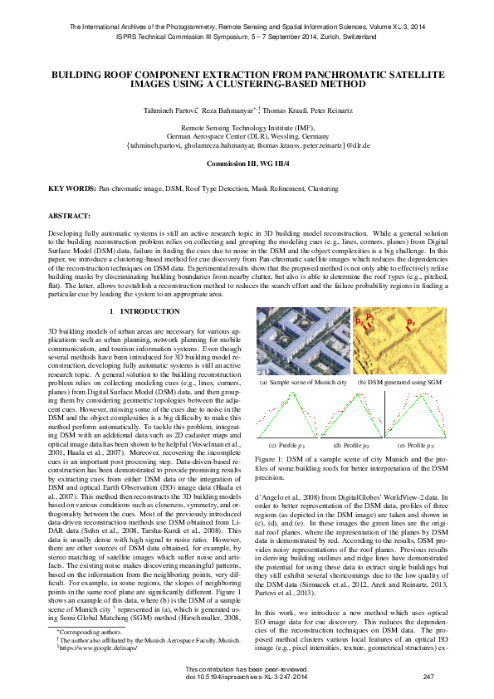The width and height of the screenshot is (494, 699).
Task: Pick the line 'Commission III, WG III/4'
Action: (x=247, y=164)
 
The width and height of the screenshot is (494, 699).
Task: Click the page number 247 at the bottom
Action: (x=428, y=677)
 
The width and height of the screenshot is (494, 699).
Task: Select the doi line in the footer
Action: (x=247, y=677)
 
